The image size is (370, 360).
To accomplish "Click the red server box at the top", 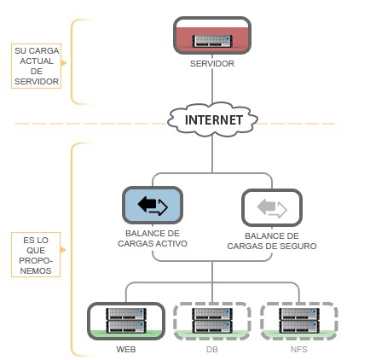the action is tap(212, 36).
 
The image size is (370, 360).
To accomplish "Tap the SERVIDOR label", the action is tap(212, 64).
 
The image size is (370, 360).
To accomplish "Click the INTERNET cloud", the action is tap(212, 119).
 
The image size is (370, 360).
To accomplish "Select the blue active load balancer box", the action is tap(153, 205).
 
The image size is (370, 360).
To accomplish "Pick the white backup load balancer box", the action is tap(272, 207).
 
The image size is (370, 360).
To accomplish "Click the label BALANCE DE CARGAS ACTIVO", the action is tap(153, 239).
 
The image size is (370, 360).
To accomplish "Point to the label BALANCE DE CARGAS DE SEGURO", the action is tap(272, 241).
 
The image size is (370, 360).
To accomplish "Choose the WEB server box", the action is tap(126, 321).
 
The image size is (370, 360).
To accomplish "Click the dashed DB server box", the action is tap(212, 321).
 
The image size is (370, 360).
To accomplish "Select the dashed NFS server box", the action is tap(299, 321).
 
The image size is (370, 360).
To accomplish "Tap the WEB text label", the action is tap(126, 350).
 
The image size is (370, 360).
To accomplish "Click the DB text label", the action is tap(212, 350).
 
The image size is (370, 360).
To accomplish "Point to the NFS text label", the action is tap(299, 350).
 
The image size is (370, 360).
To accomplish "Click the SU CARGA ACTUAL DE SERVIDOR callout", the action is tap(37, 66).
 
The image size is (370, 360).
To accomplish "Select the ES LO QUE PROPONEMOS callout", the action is tap(36, 255).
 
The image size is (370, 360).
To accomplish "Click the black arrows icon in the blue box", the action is tap(153, 206).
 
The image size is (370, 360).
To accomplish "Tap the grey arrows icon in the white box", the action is tap(272, 208).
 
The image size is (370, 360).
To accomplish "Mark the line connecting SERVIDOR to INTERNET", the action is tap(212, 85).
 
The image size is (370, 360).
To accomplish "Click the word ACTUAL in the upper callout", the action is tap(37, 61).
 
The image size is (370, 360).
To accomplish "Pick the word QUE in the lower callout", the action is tap(36, 250).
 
